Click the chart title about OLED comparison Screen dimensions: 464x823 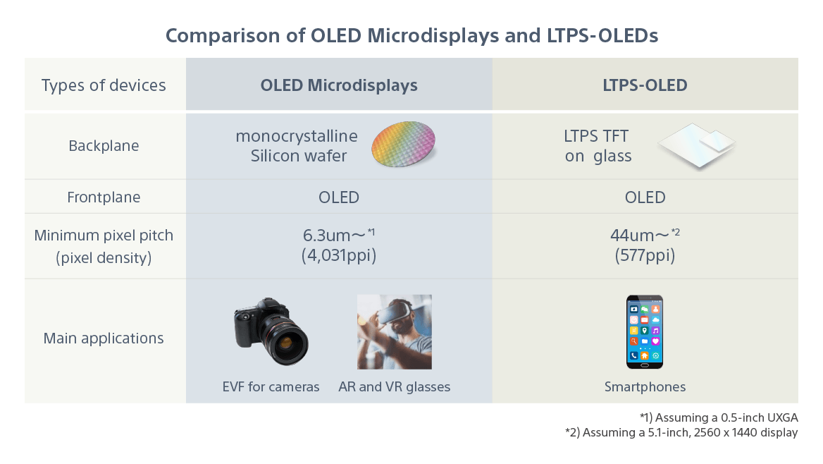pos(411,35)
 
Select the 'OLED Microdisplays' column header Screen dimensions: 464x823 pos(339,85)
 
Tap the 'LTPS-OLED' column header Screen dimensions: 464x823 pos(645,85)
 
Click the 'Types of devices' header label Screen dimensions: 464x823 pos(104,85)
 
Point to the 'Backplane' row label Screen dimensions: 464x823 pos(104,146)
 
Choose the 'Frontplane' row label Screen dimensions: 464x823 pos(104,197)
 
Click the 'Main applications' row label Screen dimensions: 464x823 pos(104,338)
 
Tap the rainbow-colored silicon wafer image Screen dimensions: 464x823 pos(403,145)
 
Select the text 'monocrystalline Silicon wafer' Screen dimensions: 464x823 pos(297,146)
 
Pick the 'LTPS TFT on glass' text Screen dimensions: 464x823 pos(597,146)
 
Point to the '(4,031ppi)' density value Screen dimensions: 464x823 pos(338,255)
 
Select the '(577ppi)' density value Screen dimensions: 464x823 pos(645,255)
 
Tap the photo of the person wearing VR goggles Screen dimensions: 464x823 pos(394,332)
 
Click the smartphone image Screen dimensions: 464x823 pos(645,332)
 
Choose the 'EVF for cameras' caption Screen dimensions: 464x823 pos(270,386)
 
